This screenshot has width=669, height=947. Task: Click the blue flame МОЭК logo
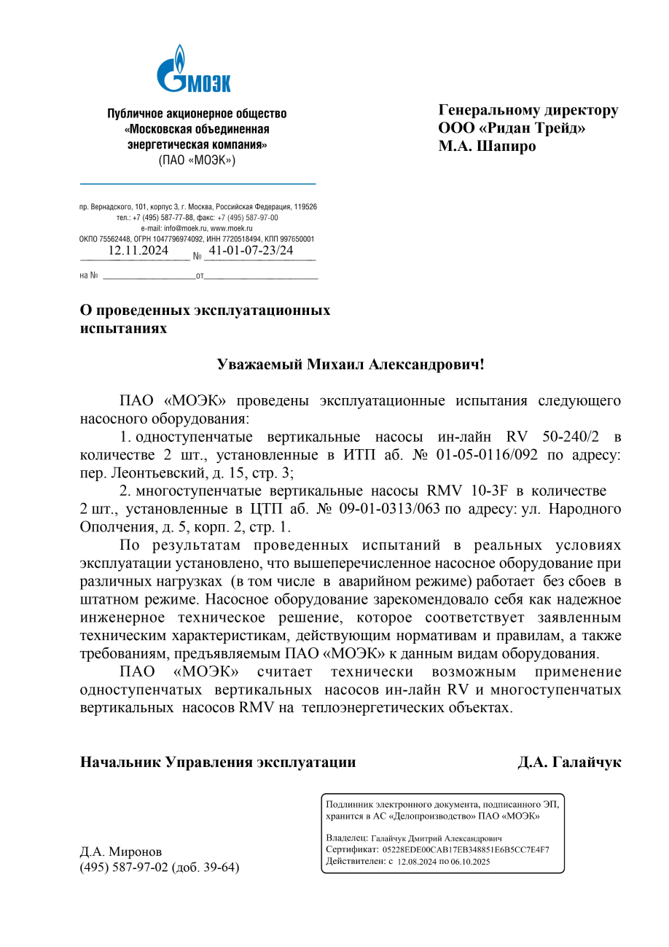pyautogui.click(x=194, y=69)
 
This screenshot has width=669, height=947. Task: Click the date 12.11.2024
pyautogui.click(x=138, y=251)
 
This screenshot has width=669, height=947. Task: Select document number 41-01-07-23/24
pyautogui.click(x=251, y=251)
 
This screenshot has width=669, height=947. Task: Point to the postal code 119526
pyautogui.click(x=305, y=207)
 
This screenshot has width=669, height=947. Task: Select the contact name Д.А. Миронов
pyautogui.click(x=121, y=851)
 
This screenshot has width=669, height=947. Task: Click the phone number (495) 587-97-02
pyautogui.click(x=124, y=868)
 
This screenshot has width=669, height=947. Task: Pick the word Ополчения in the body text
pyautogui.click(x=115, y=526)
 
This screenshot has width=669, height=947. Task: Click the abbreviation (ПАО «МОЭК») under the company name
pyautogui.click(x=197, y=160)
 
